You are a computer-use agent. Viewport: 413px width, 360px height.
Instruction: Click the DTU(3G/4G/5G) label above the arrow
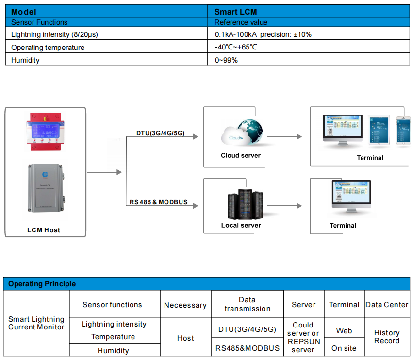[x=160, y=133]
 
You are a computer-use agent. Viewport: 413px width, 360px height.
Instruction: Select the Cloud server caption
[x=241, y=156]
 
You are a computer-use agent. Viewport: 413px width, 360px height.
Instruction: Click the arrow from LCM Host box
[x=104, y=172]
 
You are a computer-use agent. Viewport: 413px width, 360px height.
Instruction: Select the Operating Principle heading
[x=42, y=284]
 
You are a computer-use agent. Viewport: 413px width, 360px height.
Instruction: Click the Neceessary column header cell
[x=185, y=305]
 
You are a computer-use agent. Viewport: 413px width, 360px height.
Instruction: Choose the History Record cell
[x=387, y=337]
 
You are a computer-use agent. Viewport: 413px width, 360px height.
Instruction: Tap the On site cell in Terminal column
[x=344, y=348]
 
